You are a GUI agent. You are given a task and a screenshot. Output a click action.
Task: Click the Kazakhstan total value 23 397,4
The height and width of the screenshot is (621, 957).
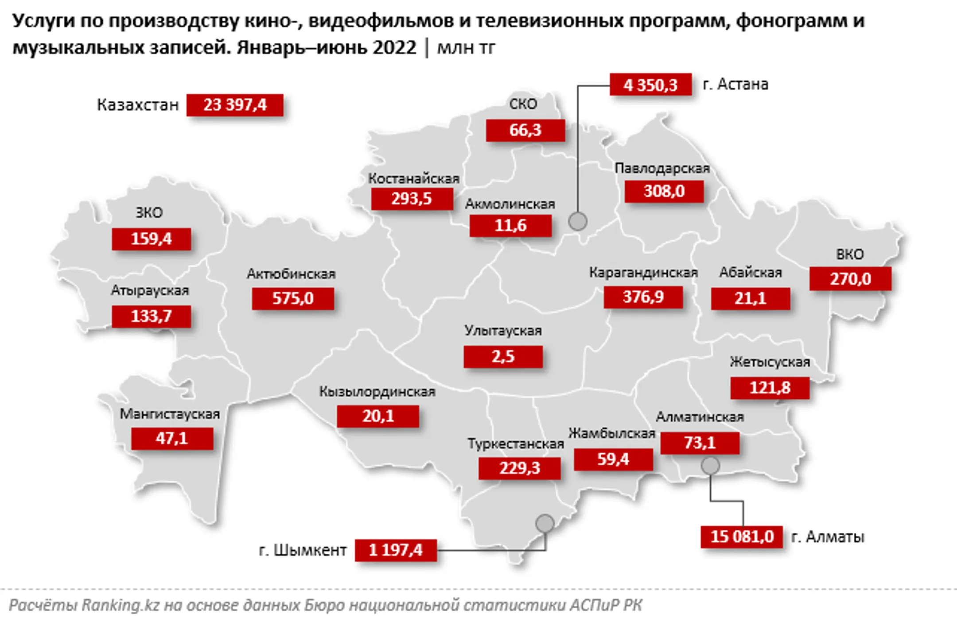234,105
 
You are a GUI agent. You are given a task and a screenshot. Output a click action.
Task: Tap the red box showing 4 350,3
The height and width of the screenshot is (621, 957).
650,85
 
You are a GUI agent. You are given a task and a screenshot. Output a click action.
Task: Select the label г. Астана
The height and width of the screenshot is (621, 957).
735,84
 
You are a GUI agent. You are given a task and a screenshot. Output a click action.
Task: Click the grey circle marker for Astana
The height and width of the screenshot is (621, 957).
578,221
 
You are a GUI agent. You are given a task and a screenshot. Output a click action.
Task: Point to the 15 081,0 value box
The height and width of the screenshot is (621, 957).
742,536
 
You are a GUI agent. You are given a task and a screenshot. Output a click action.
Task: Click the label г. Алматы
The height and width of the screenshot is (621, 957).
828,537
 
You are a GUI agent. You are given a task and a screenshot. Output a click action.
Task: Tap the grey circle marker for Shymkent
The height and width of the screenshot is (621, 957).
545,523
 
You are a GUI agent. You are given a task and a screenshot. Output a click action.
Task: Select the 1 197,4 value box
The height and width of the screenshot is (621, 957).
396,550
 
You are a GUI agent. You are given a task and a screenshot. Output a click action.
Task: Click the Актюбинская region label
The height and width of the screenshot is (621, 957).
291,274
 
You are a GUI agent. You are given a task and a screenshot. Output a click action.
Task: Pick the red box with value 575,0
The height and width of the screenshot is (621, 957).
292,298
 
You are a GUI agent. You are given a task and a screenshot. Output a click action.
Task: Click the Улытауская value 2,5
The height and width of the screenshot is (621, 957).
503,356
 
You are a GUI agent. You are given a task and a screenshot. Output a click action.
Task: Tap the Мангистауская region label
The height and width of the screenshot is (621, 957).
170,414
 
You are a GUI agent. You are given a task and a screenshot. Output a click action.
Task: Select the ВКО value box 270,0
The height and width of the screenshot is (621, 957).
850,279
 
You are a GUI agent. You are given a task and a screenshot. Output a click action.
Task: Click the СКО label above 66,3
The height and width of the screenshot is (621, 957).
523,104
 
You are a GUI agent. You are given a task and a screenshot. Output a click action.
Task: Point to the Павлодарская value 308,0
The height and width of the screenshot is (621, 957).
664,191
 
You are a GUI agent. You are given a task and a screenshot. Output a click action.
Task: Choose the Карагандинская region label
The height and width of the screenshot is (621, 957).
643,273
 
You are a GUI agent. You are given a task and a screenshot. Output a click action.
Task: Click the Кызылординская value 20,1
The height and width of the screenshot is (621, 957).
377,416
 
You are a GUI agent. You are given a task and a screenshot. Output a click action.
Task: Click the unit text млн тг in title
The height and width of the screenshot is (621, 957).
466,47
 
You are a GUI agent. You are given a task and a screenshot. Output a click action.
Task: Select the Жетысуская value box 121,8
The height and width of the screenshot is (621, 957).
770,388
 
